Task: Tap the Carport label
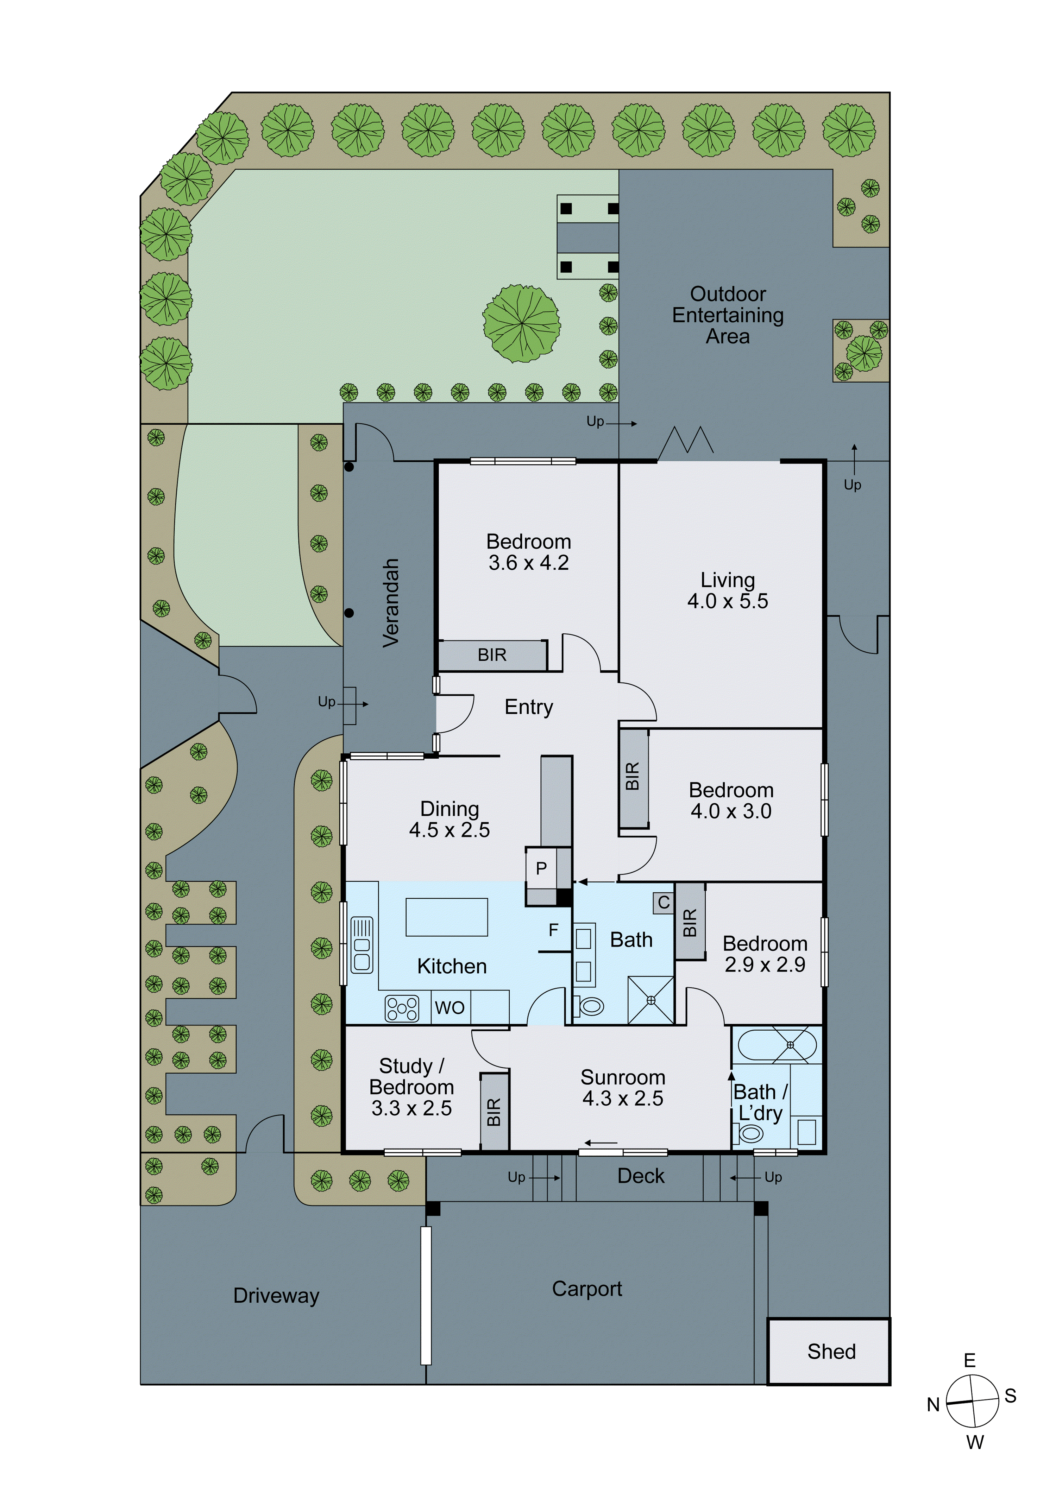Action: coord(587,1288)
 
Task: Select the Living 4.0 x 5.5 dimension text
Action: coord(728,601)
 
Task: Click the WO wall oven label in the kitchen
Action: coord(450,1007)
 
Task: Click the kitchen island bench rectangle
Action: coord(446,917)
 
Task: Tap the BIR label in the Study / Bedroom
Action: coord(494,1112)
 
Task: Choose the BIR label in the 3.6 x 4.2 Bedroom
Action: coord(492,654)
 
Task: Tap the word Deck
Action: coord(641,1176)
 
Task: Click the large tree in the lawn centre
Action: coord(521,323)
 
